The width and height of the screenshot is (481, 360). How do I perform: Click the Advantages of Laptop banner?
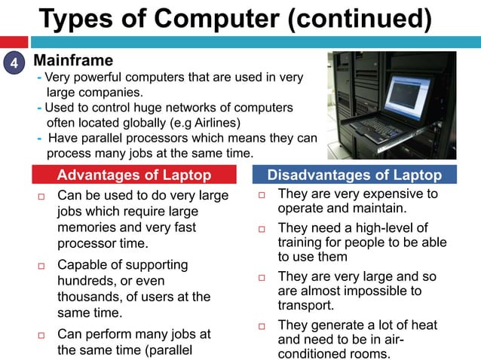(x=133, y=176)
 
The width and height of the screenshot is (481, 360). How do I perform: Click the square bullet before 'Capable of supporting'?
(x=41, y=267)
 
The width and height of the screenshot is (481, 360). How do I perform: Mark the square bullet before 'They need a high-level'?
(x=262, y=229)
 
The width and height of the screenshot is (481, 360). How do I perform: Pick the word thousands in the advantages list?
(x=90, y=297)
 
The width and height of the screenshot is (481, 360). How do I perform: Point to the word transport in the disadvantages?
(x=305, y=306)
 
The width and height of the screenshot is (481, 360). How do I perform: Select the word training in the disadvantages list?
(x=301, y=243)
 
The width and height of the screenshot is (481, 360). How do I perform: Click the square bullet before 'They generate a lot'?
(x=262, y=326)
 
